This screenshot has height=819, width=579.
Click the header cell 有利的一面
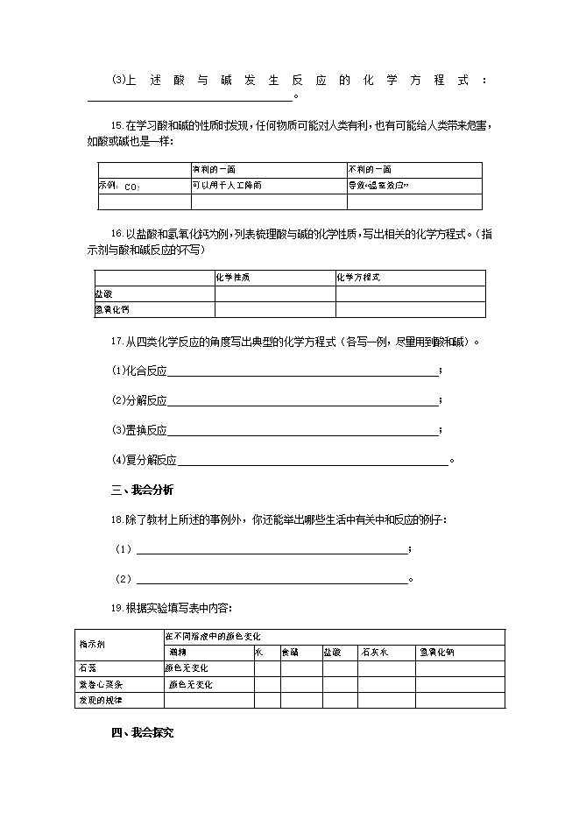[x=214, y=169]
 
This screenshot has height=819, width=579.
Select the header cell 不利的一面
[x=370, y=169]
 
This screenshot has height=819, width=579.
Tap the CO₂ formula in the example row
[x=132, y=187]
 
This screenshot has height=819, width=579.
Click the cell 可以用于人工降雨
[x=227, y=186]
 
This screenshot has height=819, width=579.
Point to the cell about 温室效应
[x=379, y=186]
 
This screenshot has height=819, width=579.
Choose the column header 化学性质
[x=232, y=277]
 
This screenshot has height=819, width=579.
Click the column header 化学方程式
[x=358, y=277]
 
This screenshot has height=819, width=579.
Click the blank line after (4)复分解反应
[x=313, y=460]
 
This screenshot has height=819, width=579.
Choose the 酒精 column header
[x=178, y=653]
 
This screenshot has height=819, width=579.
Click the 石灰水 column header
[x=374, y=653]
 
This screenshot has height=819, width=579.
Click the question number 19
[x=117, y=608]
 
